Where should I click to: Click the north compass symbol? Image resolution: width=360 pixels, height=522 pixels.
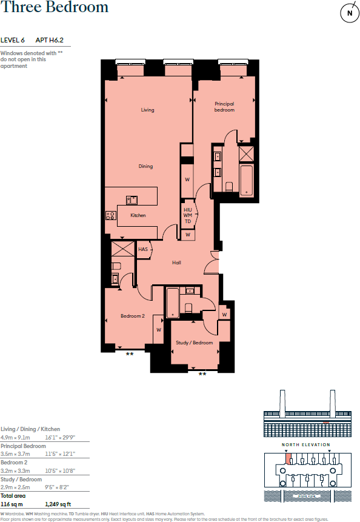(348, 13)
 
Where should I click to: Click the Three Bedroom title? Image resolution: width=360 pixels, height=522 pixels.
(55, 8)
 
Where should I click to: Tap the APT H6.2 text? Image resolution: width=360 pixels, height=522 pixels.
(50, 40)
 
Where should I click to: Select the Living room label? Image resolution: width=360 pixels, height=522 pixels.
(147, 110)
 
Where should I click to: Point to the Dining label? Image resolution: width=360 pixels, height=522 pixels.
(145, 166)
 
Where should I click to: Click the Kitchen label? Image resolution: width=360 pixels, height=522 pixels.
(138, 215)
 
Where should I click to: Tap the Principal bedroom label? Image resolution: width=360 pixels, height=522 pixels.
(224, 107)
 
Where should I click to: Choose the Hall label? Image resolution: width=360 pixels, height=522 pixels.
(176, 263)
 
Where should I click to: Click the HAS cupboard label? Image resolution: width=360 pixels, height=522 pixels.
(143, 249)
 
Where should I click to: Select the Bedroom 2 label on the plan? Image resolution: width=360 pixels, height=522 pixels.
(132, 316)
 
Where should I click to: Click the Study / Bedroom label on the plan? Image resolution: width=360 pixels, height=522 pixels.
(195, 343)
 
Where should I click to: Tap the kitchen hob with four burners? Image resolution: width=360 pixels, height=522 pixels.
(111, 215)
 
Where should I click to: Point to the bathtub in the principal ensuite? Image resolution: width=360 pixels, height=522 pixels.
(247, 178)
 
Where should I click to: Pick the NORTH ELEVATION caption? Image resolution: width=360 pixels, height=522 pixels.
(306, 444)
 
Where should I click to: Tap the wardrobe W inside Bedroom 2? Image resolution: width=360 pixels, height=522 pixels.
(158, 330)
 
